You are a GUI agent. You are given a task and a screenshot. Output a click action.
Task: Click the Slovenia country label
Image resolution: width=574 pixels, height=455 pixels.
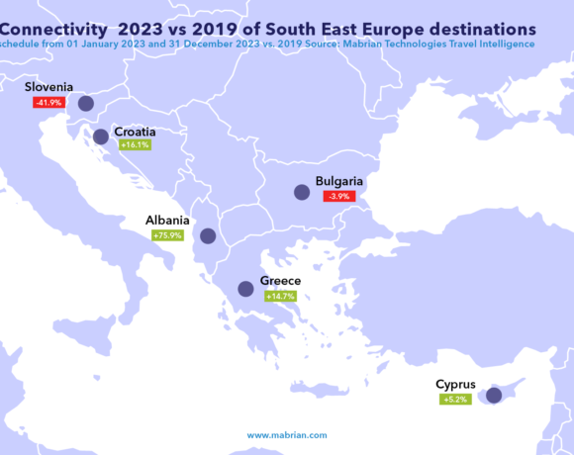coord(49,87)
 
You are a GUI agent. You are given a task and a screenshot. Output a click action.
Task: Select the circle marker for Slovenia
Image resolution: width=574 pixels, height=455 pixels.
coord(85,103)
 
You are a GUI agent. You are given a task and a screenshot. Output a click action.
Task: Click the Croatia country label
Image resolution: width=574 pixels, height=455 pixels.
coord(139,131)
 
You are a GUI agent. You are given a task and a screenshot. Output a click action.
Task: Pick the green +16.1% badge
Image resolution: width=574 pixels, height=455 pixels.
coord(134,144)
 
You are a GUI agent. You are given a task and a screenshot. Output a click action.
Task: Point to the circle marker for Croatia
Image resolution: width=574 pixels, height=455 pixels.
coord(100,136)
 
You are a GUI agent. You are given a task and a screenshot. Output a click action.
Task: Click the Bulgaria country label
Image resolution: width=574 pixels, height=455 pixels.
coord(340,181)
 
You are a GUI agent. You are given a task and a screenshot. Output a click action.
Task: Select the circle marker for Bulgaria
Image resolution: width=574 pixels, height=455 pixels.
coord(299,194)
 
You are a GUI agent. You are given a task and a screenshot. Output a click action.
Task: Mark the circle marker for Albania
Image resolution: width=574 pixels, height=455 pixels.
coord(208,235)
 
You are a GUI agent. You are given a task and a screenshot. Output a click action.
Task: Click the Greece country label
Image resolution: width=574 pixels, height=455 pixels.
coord(280,281)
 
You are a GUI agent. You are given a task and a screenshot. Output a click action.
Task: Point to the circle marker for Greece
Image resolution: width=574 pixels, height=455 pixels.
coord(245,289)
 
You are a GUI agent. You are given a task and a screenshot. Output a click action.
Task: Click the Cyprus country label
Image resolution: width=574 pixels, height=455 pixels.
coord(457,384)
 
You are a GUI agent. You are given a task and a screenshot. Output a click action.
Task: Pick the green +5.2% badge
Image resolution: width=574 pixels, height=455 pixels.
coord(454,399)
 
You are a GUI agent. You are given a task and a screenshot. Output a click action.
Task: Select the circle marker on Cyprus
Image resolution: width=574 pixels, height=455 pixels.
coord(493,395)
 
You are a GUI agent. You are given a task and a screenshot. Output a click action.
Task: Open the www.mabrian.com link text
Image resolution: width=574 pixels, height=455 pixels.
coord(286,434)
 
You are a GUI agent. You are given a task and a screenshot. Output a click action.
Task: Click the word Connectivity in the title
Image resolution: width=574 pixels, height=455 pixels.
coord(57,23)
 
